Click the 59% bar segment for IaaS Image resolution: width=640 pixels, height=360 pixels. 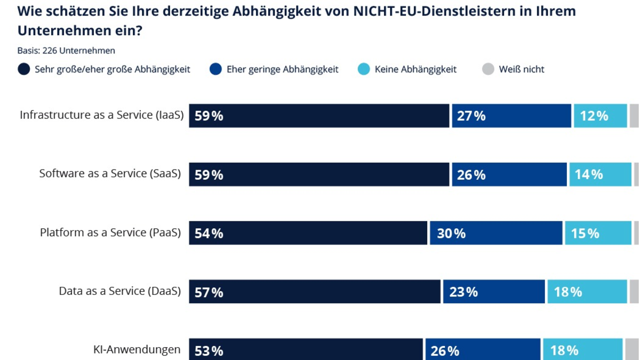[x=319, y=116]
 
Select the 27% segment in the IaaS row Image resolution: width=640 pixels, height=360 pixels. [x=511, y=116]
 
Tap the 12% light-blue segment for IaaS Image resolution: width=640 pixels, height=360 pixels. [x=600, y=116]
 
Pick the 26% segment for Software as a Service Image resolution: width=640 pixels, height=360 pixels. [x=509, y=174]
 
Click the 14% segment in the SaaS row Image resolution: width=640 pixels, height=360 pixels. [x=600, y=174]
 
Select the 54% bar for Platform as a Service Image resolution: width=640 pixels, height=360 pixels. [x=308, y=233]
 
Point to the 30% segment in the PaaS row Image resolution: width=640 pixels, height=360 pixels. [x=496, y=233]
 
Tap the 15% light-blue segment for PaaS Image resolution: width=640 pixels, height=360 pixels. [x=598, y=233]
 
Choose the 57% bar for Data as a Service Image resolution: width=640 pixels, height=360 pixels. [x=315, y=292]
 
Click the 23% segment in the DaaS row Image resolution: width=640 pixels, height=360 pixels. [x=494, y=292]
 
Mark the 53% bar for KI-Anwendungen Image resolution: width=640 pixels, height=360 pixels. [x=306, y=349]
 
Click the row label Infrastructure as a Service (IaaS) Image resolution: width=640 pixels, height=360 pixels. [x=102, y=115]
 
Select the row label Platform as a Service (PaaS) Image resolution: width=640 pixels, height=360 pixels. [x=110, y=233]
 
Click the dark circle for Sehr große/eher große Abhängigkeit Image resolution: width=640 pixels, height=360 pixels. [x=24, y=69]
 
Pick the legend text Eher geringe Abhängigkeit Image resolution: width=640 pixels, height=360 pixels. [x=282, y=69]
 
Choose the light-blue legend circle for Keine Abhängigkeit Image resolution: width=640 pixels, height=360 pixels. [x=364, y=69]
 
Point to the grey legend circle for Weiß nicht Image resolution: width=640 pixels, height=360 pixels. [x=488, y=69]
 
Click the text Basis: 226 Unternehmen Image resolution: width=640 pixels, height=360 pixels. [x=67, y=51]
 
